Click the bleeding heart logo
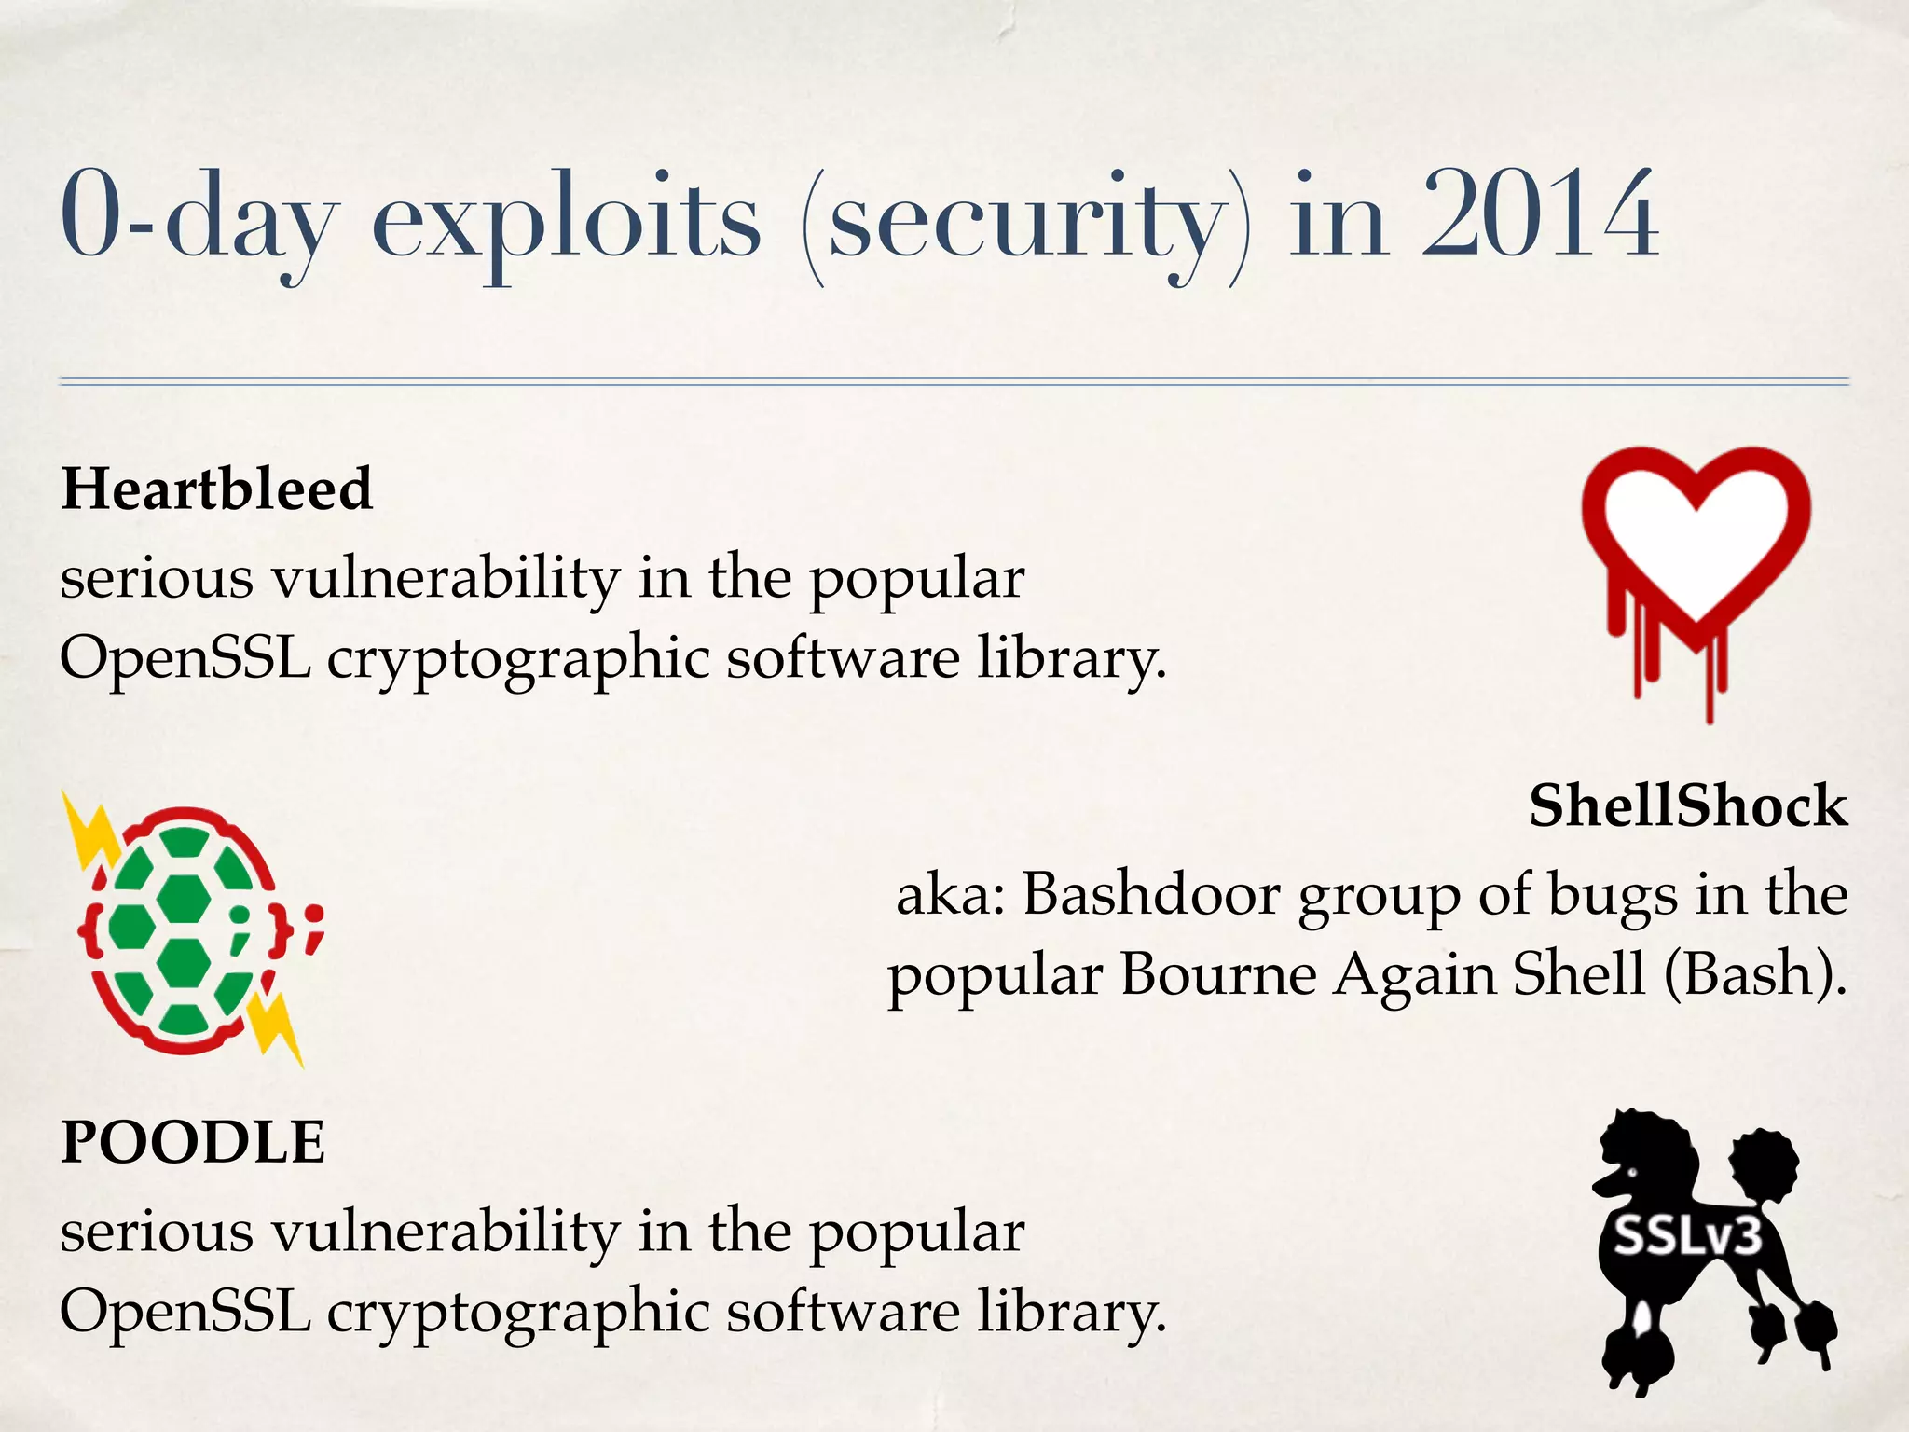(x=1696, y=559)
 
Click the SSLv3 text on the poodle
(x=1688, y=1237)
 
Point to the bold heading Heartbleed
(x=216, y=489)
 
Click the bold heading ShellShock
(x=1687, y=805)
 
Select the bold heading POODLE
(x=193, y=1142)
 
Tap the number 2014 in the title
(x=1539, y=216)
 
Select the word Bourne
(x=1217, y=975)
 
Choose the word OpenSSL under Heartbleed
(x=185, y=658)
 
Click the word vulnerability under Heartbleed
(x=446, y=578)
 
